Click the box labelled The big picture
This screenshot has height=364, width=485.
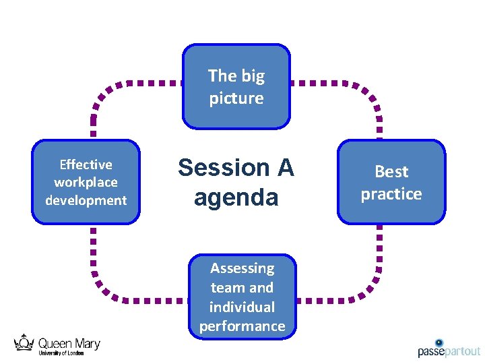click(236, 86)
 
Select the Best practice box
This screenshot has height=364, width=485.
click(391, 182)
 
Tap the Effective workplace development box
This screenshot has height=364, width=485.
click(86, 182)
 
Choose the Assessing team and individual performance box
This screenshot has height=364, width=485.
click(242, 297)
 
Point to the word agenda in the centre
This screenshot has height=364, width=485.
click(236, 198)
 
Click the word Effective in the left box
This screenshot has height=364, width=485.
click(86, 164)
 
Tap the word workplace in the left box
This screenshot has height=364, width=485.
click(86, 182)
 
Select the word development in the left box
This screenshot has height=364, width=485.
click(86, 200)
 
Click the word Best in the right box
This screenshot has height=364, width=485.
click(391, 172)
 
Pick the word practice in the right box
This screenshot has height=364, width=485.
click(391, 194)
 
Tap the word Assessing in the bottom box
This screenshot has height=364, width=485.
click(242, 268)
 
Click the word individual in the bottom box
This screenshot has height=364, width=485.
click(242, 307)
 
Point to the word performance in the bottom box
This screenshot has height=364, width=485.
click(242, 326)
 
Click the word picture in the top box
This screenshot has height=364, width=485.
click(236, 98)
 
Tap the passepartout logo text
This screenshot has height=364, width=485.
click(449, 351)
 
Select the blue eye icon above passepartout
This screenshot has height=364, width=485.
click(439, 342)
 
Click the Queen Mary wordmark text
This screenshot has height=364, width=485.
click(68, 344)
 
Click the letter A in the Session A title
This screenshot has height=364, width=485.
click(284, 167)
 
